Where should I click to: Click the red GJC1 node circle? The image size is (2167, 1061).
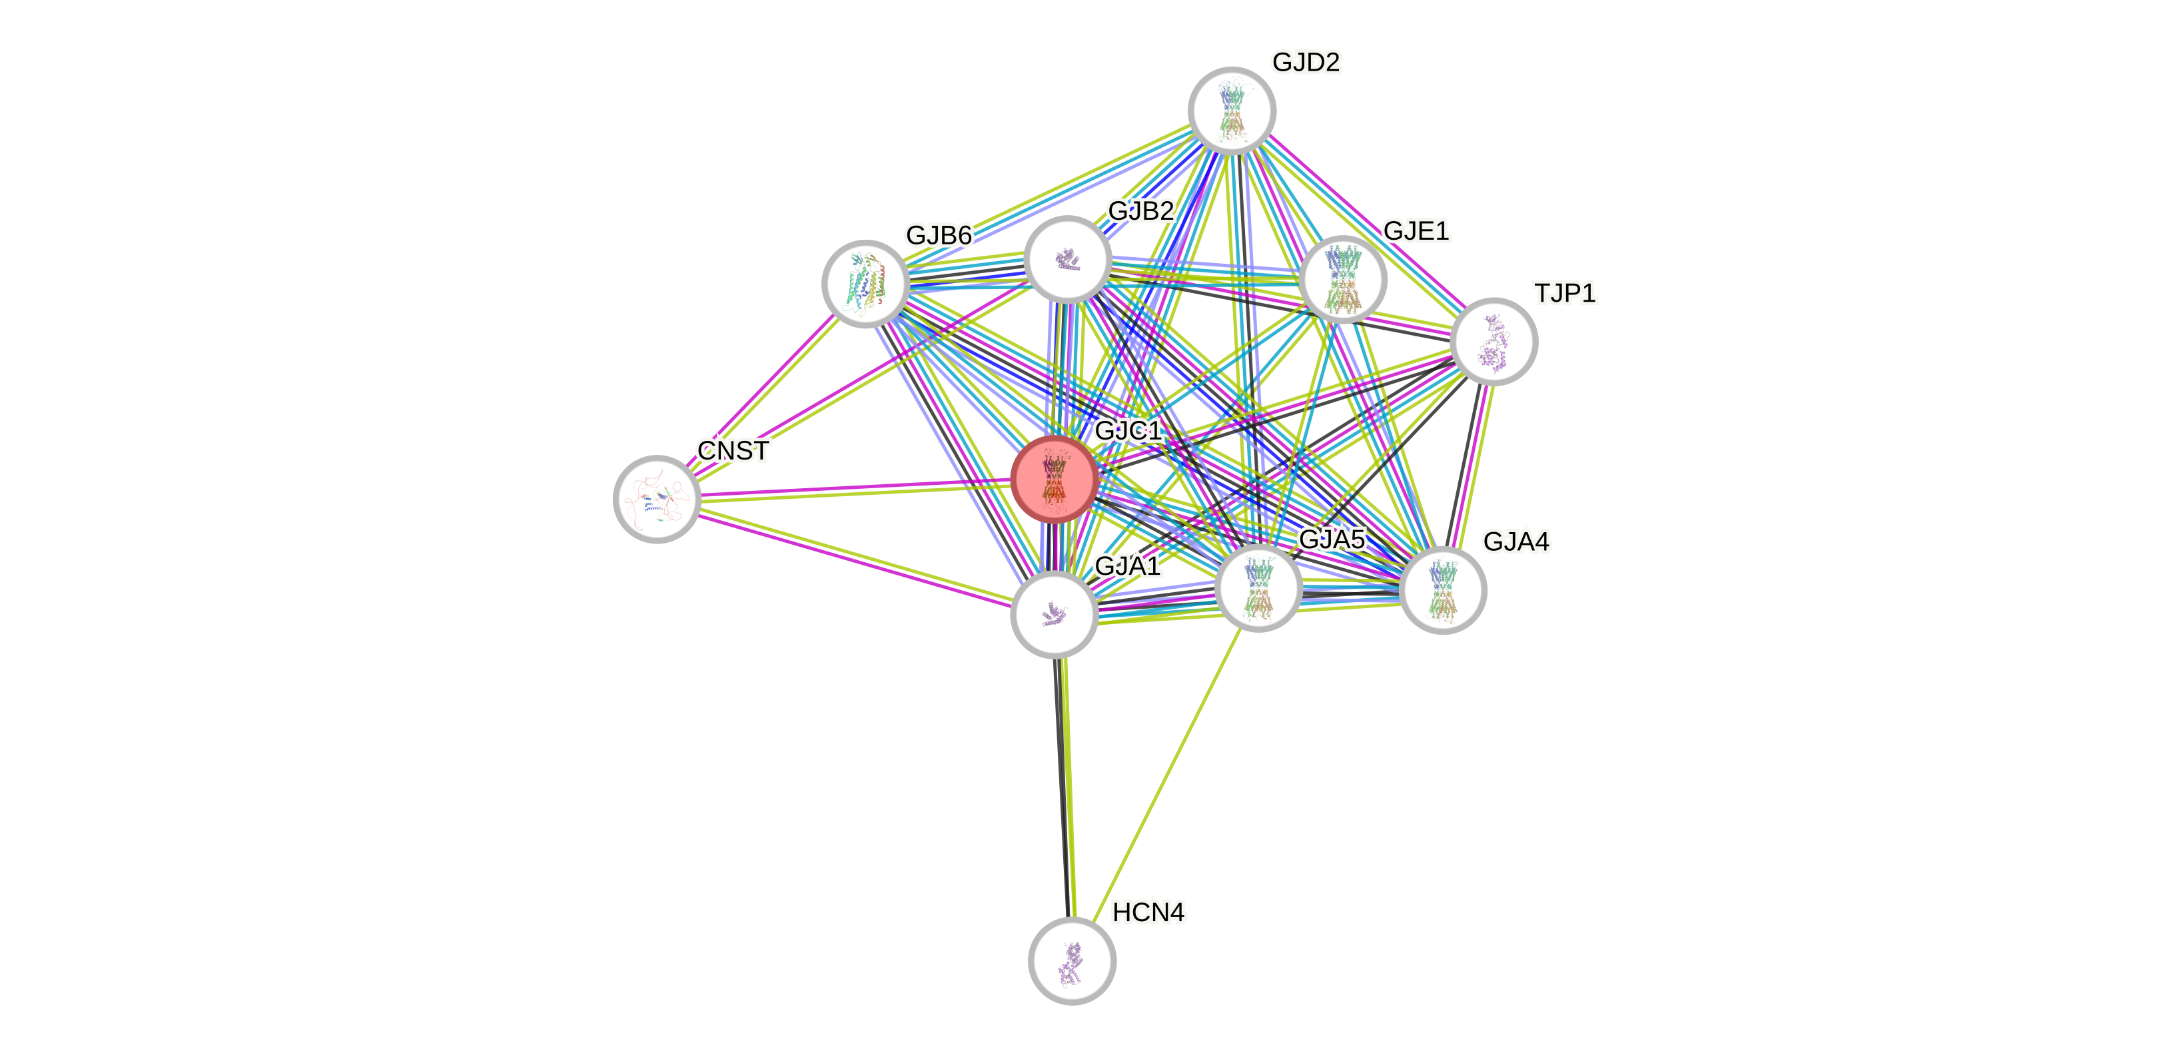[x=1054, y=479]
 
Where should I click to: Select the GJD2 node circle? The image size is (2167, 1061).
[x=1232, y=110]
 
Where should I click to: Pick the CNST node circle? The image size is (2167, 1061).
[x=657, y=499]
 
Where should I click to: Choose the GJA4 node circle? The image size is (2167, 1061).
[x=1443, y=590]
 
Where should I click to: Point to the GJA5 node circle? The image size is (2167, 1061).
[x=1258, y=587]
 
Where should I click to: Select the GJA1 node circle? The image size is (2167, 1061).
[x=1054, y=614]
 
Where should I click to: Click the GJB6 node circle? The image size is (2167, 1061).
[x=865, y=284]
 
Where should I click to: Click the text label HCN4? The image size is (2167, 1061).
[x=1148, y=912]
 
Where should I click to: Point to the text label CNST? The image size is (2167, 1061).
[x=733, y=451]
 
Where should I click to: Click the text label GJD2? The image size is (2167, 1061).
[x=1306, y=62]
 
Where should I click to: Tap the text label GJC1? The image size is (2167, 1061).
[x=1128, y=431]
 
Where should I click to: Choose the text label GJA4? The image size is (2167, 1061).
[x=1516, y=541]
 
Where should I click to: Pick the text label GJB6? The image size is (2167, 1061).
[x=939, y=234]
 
